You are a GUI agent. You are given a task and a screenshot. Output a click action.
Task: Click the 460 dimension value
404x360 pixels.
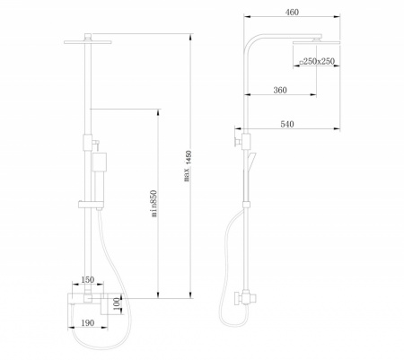point(292,13)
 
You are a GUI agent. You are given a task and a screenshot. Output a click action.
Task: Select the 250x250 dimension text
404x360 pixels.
point(317,61)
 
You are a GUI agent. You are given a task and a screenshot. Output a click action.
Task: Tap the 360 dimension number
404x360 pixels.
point(280,90)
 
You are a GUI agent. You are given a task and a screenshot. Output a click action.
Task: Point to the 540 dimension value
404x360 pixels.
point(287,124)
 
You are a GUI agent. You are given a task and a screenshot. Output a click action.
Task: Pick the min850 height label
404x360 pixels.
point(154,204)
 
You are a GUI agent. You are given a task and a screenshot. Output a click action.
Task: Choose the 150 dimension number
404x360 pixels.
point(88,280)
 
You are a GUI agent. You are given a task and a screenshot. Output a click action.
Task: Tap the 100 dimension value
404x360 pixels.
point(118,304)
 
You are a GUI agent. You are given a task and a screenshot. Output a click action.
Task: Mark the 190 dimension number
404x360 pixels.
point(88,323)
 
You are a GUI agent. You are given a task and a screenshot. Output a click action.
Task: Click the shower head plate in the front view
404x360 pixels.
point(88,42)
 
